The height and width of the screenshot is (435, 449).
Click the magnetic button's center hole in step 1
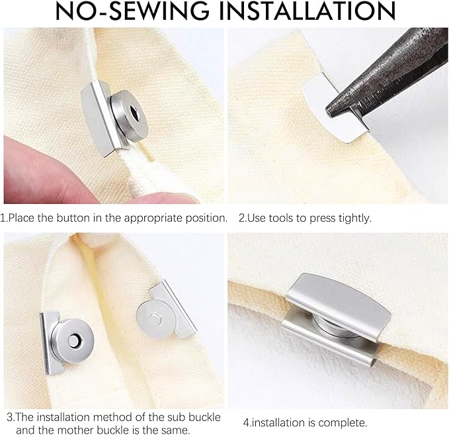click(x=126, y=108)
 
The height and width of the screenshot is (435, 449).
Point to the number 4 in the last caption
click(x=246, y=422)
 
